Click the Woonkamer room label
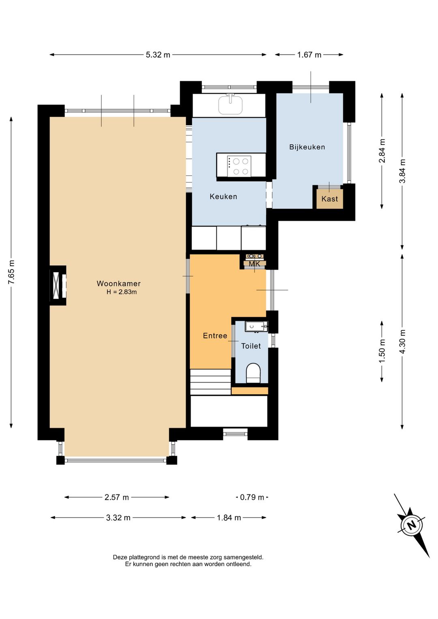tap(118, 284)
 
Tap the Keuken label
tap(223, 196)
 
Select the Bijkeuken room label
tap(307, 147)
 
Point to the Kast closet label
tap(330, 199)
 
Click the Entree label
tap(215, 336)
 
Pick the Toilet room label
tap(251, 346)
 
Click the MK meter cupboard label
tap(255, 264)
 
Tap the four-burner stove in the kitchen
tap(239, 166)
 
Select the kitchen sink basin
tap(230, 105)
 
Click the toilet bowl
tap(253, 373)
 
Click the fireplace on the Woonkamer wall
tap(58, 285)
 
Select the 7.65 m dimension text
tap(11, 272)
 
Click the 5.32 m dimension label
tap(158, 55)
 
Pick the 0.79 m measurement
tap(252, 497)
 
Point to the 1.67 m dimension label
tap(309, 55)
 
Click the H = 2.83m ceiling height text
tap(122, 292)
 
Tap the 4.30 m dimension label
tap(402, 342)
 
